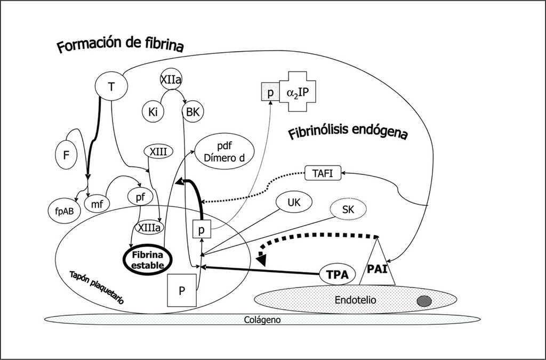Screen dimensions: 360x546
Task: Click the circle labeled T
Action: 111,86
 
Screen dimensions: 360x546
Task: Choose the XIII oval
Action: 158,152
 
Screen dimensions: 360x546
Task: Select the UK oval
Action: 294,203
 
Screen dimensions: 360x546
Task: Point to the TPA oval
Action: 338,275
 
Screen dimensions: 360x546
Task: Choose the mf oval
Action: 97,203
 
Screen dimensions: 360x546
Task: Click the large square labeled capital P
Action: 182,290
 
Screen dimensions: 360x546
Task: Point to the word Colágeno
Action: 262,320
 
